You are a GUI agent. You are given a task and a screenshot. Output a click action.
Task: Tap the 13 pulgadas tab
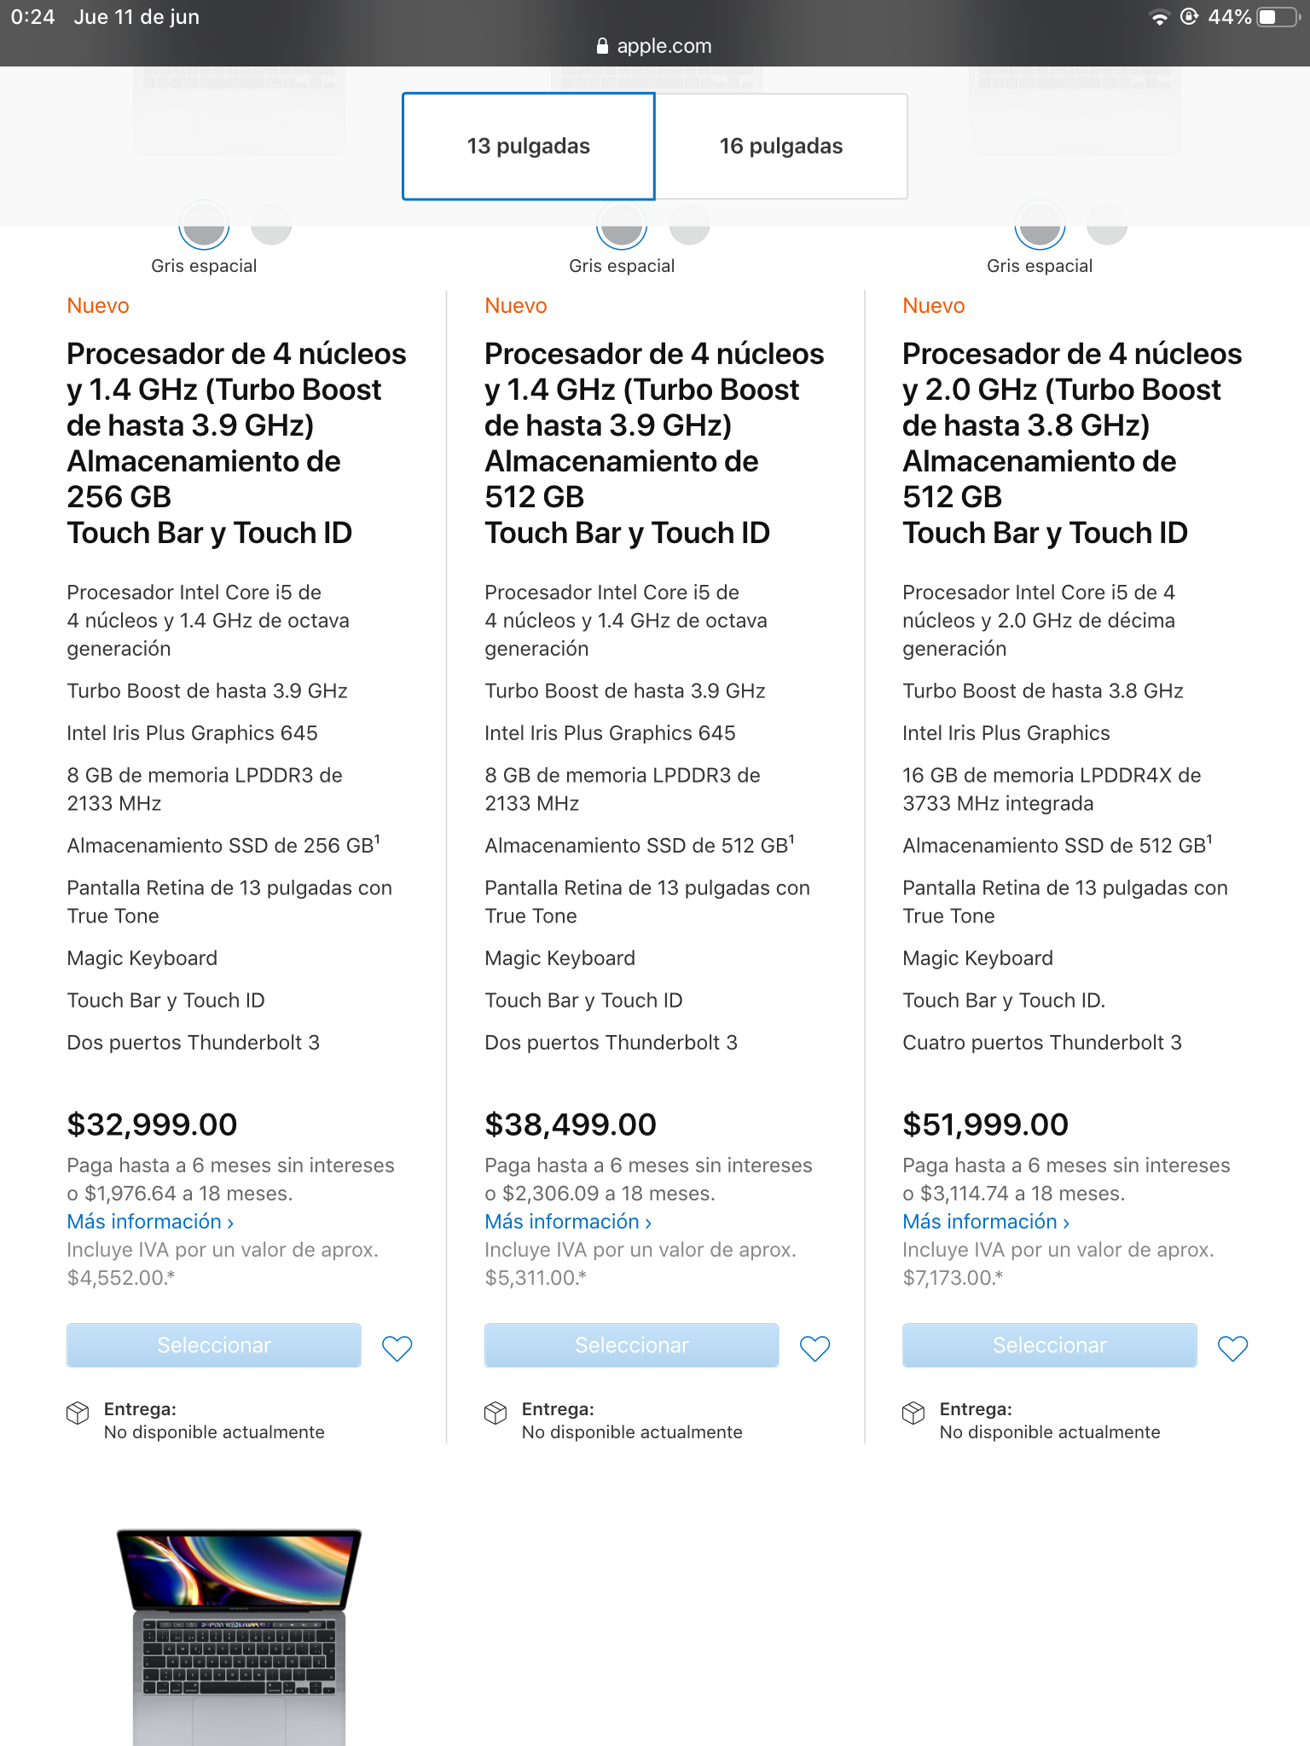[528, 146]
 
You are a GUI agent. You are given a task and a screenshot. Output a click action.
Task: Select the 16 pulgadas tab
[780, 146]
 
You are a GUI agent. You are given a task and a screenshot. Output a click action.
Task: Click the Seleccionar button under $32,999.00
[214, 1345]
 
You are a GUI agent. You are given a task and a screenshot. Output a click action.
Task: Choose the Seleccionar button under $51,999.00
[1049, 1345]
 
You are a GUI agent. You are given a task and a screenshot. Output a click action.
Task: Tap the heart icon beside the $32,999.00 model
[397, 1348]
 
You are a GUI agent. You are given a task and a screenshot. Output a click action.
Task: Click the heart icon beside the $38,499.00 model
[814, 1348]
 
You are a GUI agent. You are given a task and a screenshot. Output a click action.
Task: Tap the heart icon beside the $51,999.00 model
[1232, 1348]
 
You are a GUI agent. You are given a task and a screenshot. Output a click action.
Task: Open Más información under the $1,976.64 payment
[150, 1222]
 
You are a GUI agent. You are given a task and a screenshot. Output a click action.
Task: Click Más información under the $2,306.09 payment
[568, 1222]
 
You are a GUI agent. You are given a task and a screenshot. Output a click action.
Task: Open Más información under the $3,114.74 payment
[986, 1222]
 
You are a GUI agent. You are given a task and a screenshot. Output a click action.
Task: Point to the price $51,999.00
[985, 1124]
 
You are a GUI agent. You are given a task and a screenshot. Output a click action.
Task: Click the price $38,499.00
[571, 1124]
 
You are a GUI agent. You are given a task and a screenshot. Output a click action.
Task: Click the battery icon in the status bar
[1277, 17]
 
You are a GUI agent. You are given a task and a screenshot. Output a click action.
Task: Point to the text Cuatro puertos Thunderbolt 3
[1041, 1043]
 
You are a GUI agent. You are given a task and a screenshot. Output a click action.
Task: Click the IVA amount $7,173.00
[952, 1278]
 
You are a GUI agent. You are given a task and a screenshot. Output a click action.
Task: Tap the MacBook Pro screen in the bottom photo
[239, 1569]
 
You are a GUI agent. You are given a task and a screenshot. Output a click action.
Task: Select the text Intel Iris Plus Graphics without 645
[1006, 733]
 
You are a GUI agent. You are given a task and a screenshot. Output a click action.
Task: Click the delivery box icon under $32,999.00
[78, 1413]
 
